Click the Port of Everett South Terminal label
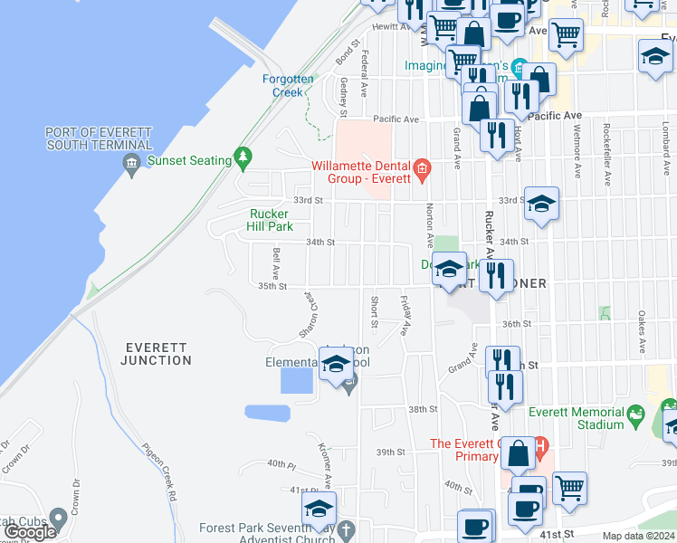tap(99, 138)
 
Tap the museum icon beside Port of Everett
tap(130, 163)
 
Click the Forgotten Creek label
tap(288, 85)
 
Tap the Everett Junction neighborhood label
tap(157, 354)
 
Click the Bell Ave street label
tap(274, 262)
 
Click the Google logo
tap(29, 532)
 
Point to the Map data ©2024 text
tap(639, 537)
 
